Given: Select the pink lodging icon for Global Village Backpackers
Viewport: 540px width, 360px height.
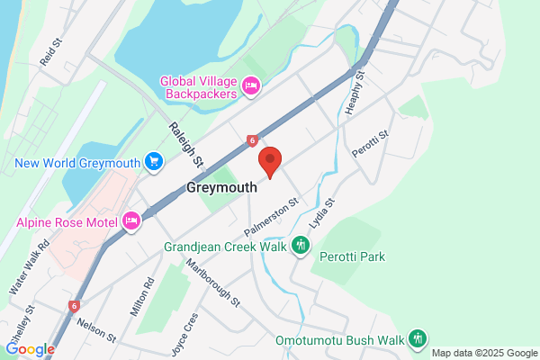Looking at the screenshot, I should (252, 86).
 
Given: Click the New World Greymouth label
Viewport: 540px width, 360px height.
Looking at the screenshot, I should (77, 163).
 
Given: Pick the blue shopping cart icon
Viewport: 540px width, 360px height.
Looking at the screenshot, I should (154, 162).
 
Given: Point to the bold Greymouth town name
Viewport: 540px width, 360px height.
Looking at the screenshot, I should (222, 188).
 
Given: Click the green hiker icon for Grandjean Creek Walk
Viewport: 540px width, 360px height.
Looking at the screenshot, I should (301, 245).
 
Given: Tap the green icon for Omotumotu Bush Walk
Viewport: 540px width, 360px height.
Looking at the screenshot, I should (417, 338).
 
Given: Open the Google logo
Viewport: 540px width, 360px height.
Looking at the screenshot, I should (30, 350).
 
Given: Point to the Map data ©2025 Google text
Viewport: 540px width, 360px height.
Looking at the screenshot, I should (483, 353).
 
